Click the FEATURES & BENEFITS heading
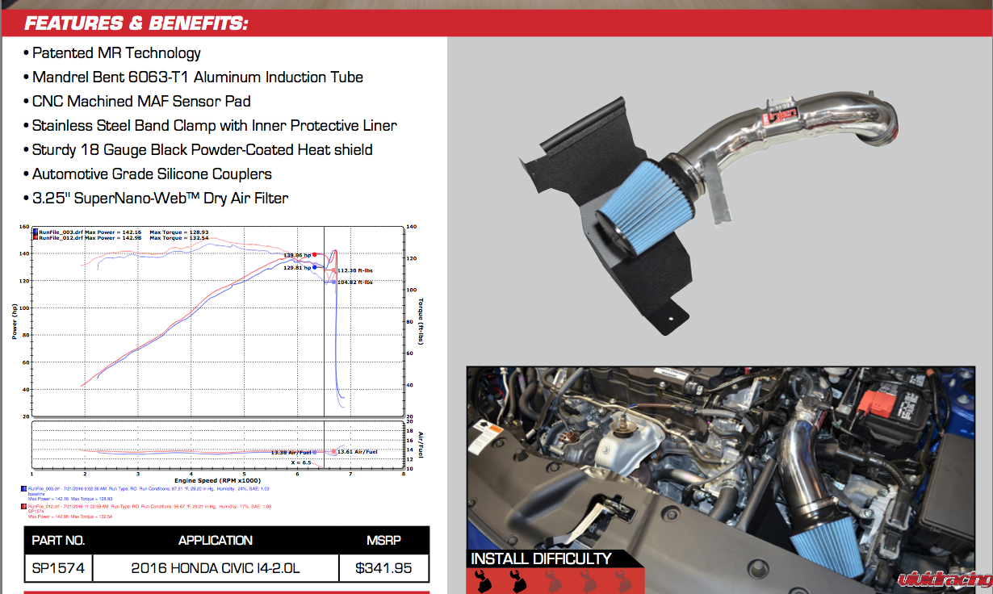(136, 23)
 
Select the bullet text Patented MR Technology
(116, 53)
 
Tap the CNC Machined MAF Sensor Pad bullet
(141, 102)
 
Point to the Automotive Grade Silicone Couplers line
(152, 174)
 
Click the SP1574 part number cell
(58, 568)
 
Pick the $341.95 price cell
(383, 568)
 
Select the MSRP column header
(383, 540)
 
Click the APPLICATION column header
(216, 540)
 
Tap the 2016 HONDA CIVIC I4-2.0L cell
(216, 568)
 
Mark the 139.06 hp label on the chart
(297, 255)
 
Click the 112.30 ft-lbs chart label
(355, 270)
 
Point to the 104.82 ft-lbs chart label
(355, 282)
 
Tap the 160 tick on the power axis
(24, 227)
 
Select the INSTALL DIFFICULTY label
(541, 558)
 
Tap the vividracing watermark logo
(945, 578)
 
